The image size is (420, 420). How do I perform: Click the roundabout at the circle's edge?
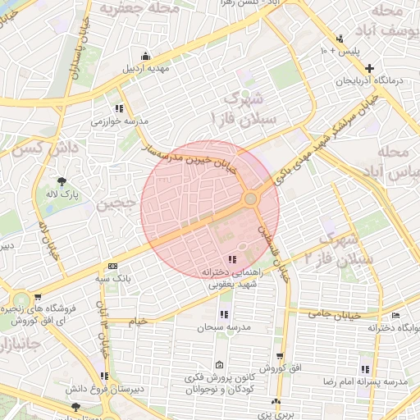coord(251,199)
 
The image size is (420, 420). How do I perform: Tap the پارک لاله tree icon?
coord(62,182)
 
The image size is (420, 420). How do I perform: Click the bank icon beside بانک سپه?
coord(112,266)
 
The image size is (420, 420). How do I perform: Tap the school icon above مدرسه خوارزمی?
coord(119,107)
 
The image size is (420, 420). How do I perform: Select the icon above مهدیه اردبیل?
coord(145,56)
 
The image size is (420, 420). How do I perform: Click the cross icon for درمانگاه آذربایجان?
coord(370,68)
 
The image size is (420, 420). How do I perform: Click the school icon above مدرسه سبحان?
coord(223,313)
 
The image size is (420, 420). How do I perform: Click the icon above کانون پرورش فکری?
coord(218,365)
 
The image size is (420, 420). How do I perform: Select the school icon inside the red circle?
coord(229,259)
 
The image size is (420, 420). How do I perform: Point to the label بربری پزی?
coord(276,415)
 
